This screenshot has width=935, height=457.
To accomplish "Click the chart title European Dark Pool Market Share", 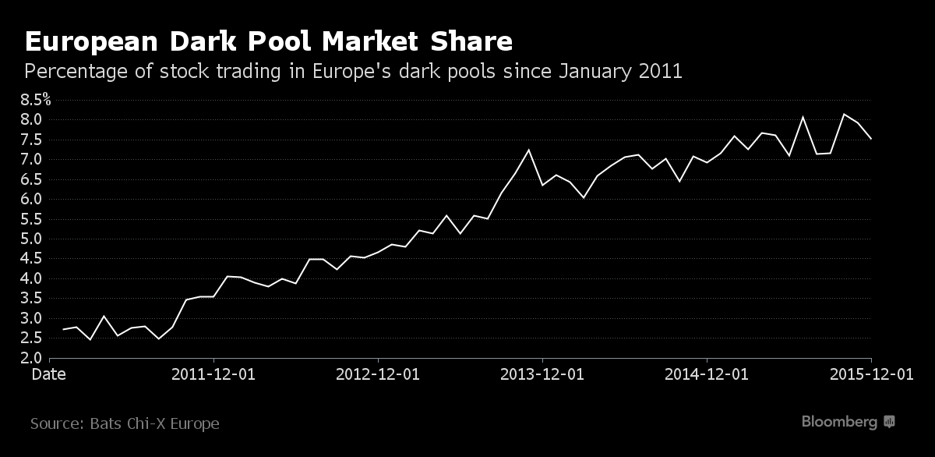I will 269,41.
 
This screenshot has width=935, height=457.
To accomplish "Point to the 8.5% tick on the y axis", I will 35,100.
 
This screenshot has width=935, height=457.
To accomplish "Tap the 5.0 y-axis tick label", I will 32,239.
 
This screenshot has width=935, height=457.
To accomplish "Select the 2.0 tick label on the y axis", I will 32,358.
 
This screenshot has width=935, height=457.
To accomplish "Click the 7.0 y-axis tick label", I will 32,159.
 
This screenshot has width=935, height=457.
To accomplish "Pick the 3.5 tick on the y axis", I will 32,298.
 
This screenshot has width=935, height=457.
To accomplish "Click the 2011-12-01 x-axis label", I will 213,374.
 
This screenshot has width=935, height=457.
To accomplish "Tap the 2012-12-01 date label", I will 378,374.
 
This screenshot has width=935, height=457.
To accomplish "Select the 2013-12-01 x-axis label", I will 542,374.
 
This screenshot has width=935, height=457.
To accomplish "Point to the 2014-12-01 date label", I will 707,374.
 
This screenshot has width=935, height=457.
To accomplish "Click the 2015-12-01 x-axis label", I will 871,374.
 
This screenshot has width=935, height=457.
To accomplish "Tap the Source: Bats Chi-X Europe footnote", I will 125,423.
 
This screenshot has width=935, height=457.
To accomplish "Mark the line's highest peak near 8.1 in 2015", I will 844,114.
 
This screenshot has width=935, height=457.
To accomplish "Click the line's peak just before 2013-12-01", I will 528,150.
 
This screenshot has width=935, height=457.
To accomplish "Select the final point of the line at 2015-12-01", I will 870,139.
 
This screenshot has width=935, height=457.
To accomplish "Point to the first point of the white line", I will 63,329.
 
